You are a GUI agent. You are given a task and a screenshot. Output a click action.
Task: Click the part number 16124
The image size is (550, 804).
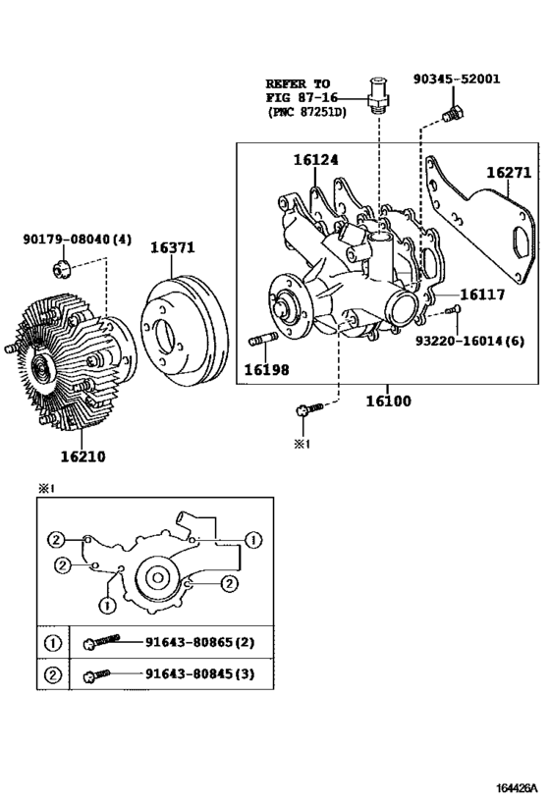(315, 160)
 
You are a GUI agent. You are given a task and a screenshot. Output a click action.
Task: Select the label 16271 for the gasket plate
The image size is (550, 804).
(509, 173)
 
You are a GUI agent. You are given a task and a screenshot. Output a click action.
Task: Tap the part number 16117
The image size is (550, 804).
(482, 295)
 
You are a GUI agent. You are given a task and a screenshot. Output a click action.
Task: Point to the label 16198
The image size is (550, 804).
(266, 370)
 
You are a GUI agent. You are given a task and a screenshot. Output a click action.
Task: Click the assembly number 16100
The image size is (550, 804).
(388, 401)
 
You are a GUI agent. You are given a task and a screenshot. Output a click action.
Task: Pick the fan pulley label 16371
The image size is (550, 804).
(173, 247)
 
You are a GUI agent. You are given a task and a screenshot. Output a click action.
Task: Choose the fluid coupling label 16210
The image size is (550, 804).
(82, 456)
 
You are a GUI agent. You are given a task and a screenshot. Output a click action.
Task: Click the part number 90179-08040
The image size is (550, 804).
(66, 239)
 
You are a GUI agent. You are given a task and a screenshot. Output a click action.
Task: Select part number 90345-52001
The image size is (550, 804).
(457, 79)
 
